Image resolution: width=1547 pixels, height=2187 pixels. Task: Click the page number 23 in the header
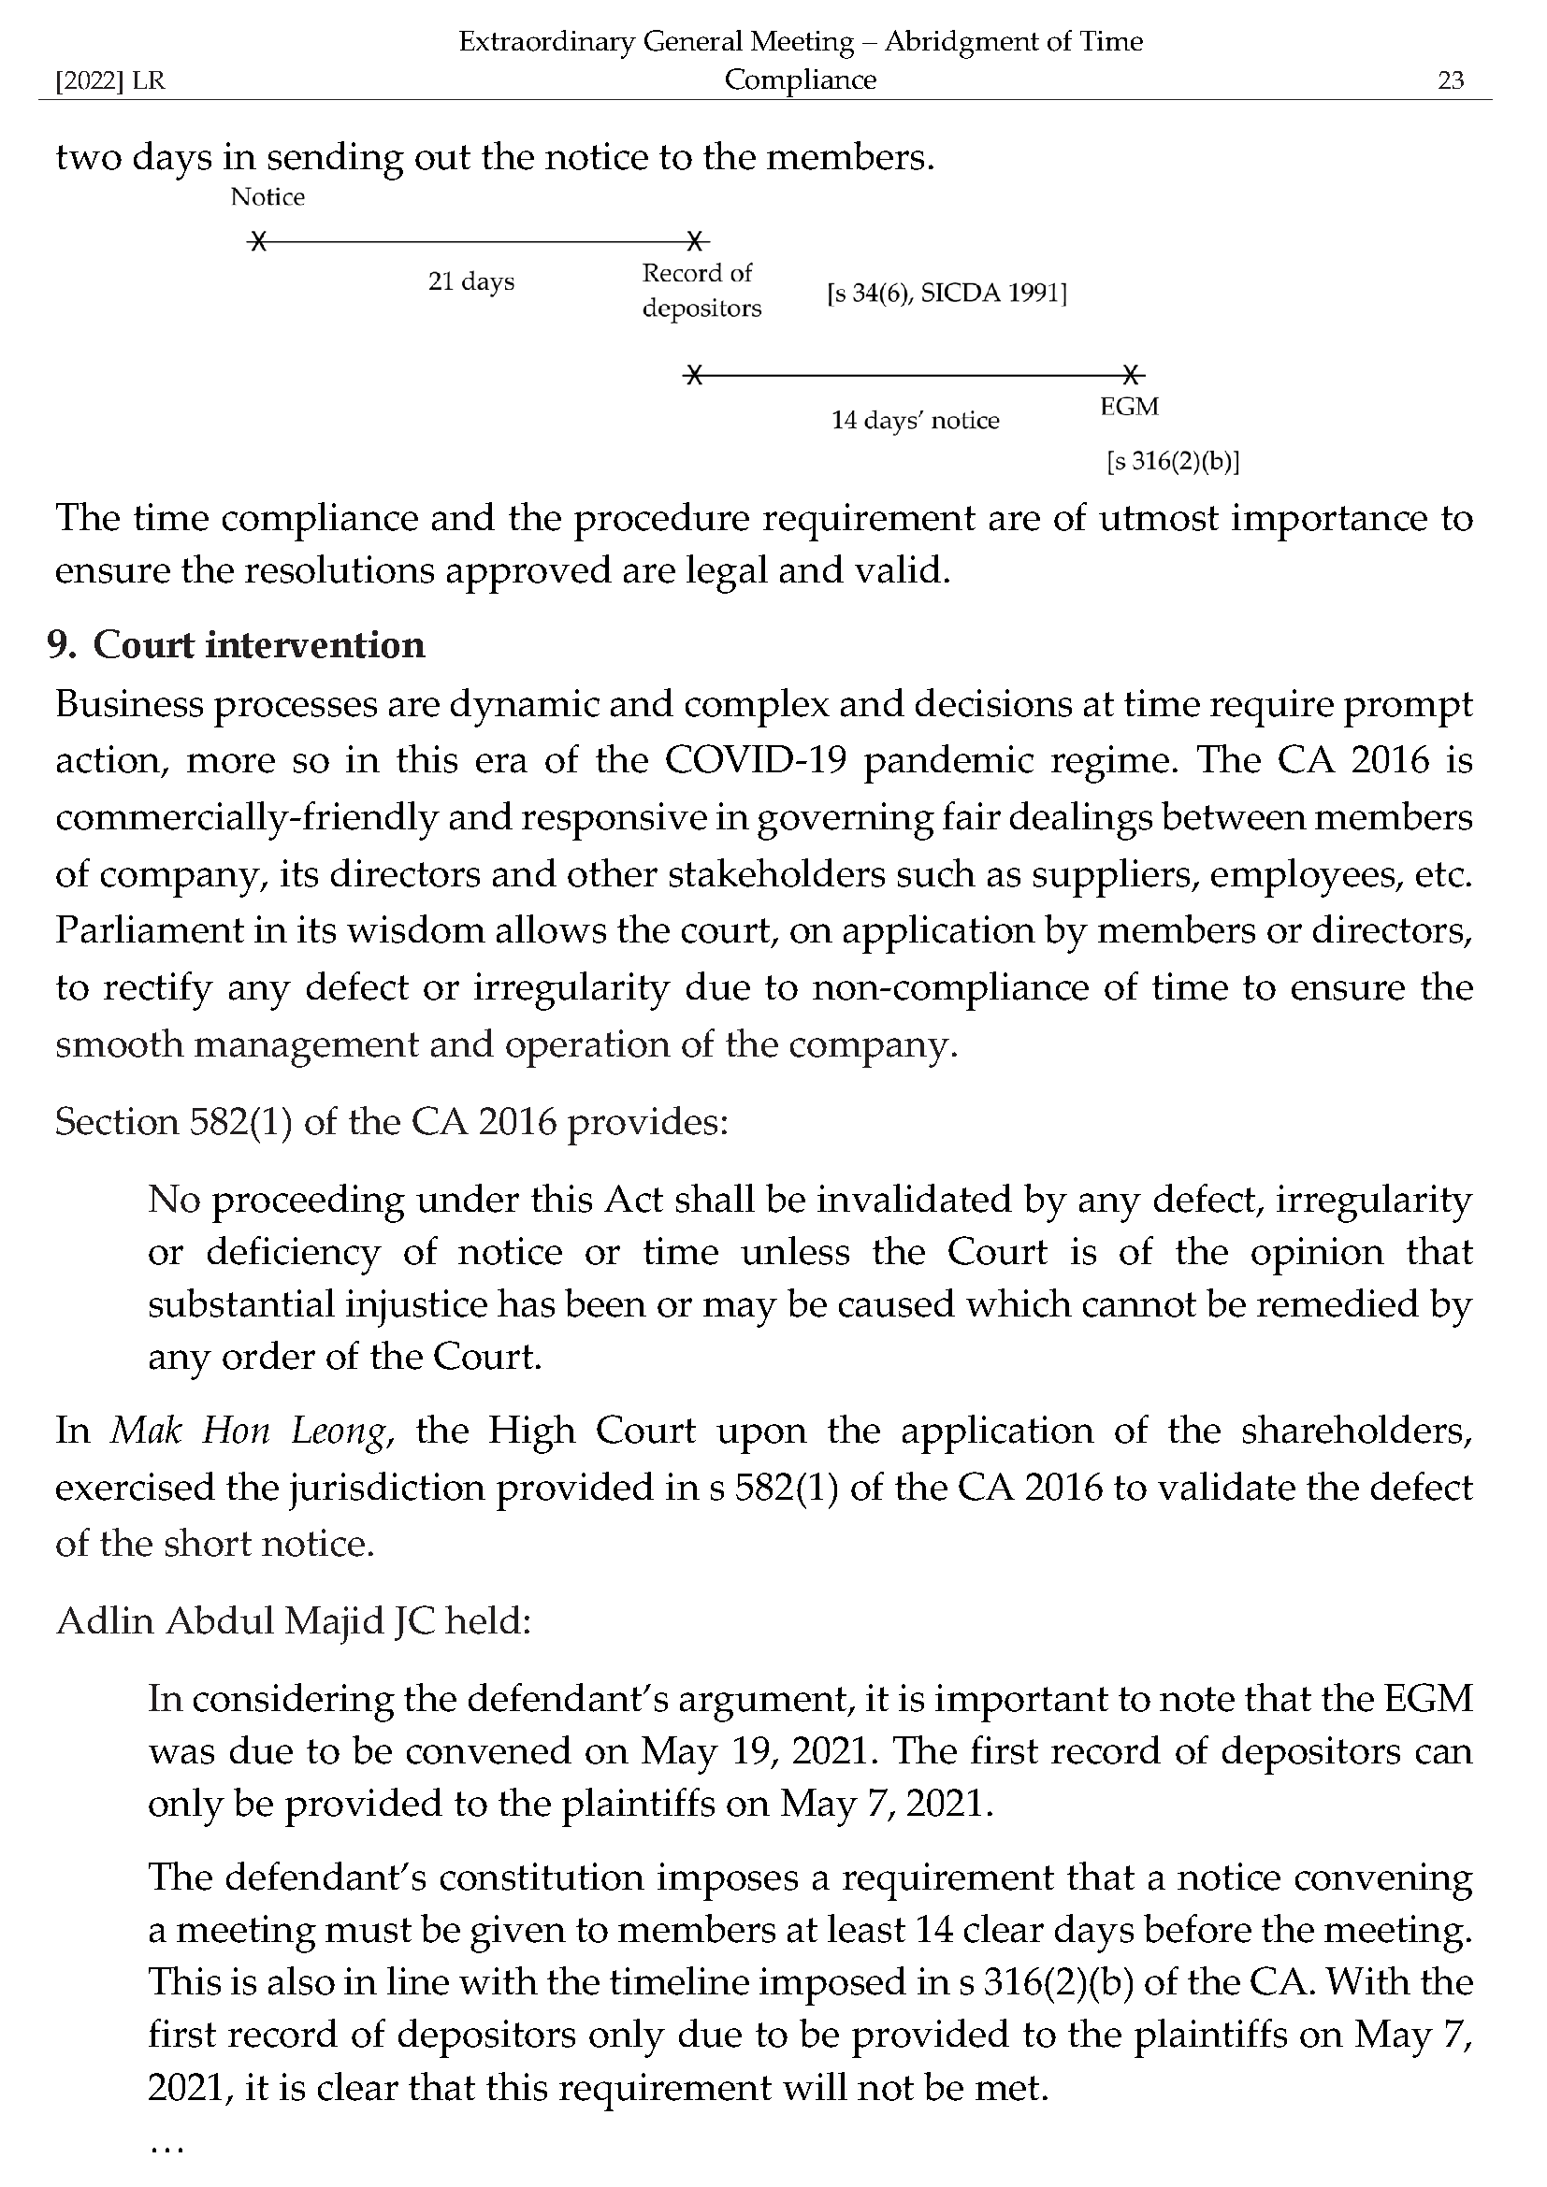[x=1449, y=80]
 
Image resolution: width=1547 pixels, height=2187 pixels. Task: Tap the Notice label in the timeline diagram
[x=267, y=197]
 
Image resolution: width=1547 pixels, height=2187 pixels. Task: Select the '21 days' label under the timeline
[x=470, y=282]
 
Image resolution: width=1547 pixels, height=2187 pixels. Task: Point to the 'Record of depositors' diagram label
[x=701, y=291]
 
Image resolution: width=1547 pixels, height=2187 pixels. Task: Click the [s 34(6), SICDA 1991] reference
[x=946, y=294]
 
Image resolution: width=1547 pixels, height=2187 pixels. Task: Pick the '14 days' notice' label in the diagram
[x=915, y=420]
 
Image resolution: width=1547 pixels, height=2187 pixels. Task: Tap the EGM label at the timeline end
[x=1129, y=407]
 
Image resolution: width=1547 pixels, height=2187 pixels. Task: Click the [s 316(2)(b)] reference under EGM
[x=1172, y=462]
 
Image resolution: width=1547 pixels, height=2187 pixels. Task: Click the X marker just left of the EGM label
[x=1130, y=374]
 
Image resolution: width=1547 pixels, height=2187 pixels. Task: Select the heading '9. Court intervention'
[x=237, y=646]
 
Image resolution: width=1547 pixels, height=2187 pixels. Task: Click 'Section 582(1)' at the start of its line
[x=173, y=1122]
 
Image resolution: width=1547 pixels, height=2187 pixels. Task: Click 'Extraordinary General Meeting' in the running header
[x=656, y=42]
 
